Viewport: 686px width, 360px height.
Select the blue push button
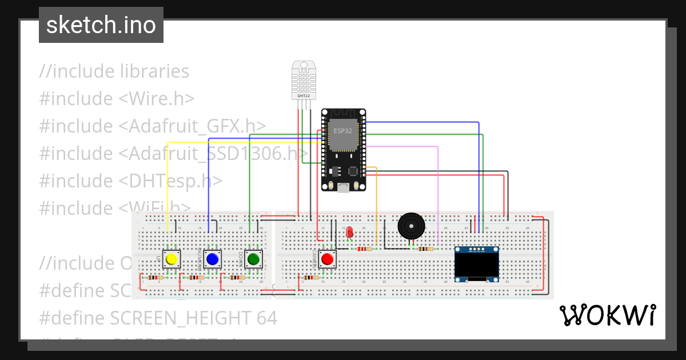coord(212,259)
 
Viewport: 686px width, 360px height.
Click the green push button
coord(253,259)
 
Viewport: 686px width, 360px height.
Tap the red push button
coord(327,259)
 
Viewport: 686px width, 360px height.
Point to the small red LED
coord(350,231)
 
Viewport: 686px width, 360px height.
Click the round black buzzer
coord(412,226)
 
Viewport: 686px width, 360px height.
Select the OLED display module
coord(477,264)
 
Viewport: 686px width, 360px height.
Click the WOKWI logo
coord(607,315)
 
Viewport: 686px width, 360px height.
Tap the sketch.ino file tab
coord(101,25)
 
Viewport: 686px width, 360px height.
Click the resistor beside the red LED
coord(364,249)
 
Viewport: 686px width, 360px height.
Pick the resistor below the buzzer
coord(425,249)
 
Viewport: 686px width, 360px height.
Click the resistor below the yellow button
coord(154,278)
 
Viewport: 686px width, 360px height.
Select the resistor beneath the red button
coord(311,278)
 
